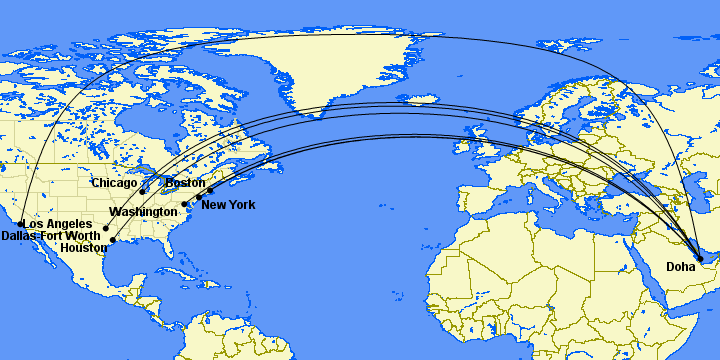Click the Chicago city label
tap(113, 183)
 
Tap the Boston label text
tap(185, 183)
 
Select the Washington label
tap(144, 212)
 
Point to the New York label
tap(228, 205)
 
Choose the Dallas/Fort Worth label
tap(51, 236)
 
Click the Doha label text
tap(681, 267)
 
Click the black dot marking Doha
tap(700, 259)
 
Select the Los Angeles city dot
tap(22, 224)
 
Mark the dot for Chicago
tap(143, 191)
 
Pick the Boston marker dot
tap(210, 190)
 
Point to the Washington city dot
tap(185, 204)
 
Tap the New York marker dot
tap(199, 197)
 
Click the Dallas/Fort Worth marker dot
tap(106, 229)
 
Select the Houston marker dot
tap(113, 240)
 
